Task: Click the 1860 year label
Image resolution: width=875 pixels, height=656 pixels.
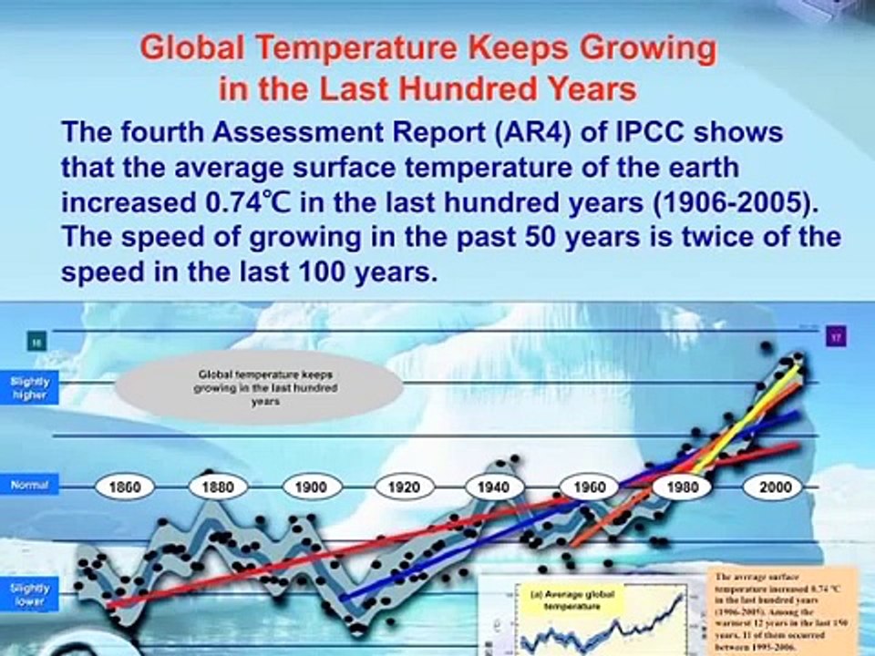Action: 125,487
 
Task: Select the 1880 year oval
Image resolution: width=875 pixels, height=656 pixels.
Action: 217,487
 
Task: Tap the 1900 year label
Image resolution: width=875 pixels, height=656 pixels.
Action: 311,487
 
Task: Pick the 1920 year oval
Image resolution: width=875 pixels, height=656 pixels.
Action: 404,487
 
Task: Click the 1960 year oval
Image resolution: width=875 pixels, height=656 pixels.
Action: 588,487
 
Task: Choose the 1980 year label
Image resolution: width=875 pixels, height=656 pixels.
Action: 681,487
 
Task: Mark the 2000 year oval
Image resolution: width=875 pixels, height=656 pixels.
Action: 776,487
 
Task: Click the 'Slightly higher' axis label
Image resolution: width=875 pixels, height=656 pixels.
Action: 30,389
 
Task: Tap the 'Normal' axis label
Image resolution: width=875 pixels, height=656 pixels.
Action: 29,486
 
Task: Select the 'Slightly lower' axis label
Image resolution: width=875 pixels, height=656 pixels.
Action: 30,595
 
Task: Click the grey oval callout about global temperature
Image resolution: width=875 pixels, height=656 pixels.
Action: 258,387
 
